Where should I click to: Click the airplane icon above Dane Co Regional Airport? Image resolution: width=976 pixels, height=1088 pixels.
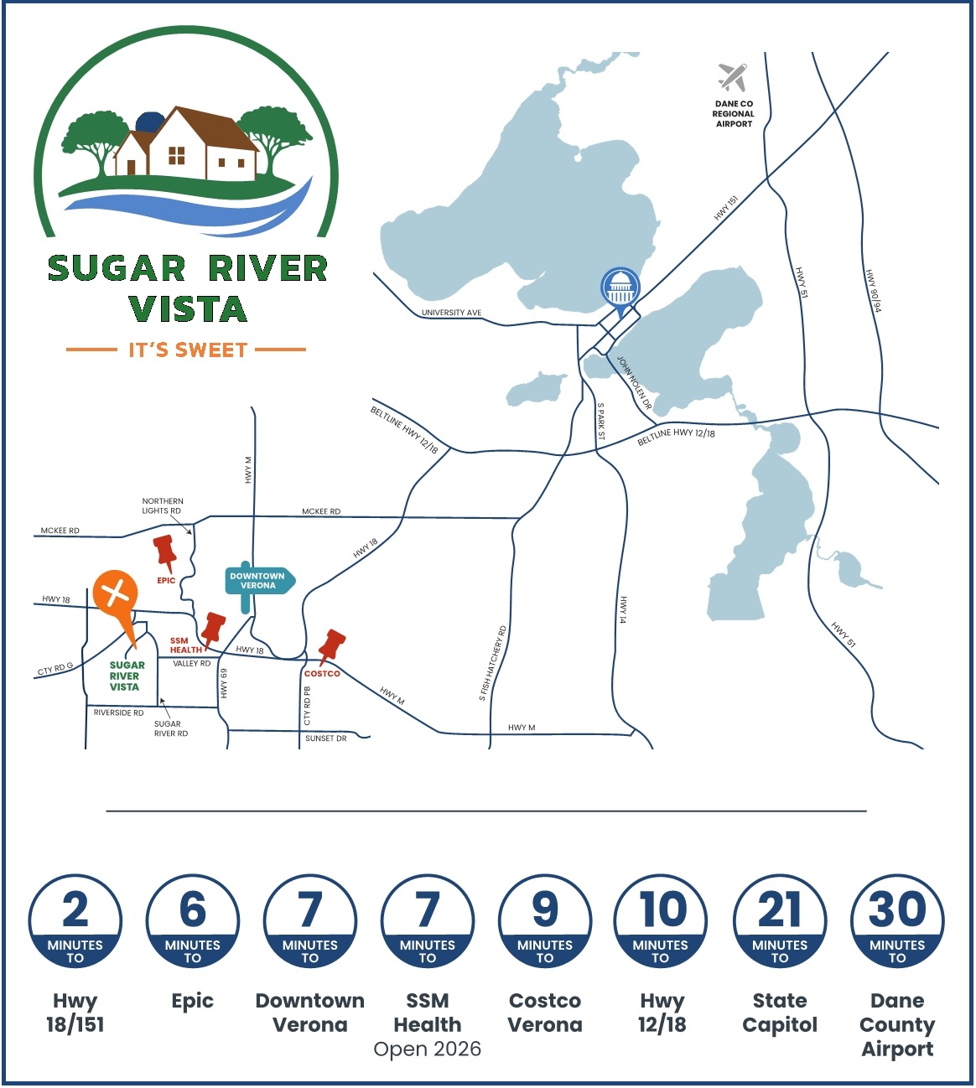tap(733, 77)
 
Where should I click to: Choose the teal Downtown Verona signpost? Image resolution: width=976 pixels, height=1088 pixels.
tap(258, 581)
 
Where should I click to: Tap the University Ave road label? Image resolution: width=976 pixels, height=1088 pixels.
tap(451, 313)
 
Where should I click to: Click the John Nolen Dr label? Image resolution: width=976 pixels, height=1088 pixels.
tap(634, 382)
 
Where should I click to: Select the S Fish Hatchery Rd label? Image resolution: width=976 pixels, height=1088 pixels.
tap(492, 663)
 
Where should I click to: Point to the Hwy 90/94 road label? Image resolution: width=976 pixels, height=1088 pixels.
tap(873, 291)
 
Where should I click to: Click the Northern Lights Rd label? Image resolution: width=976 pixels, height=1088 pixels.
tap(162, 505)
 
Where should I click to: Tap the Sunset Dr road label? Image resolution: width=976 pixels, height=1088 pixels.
tap(325, 738)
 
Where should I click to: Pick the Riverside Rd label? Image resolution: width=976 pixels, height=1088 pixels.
tap(118, 712)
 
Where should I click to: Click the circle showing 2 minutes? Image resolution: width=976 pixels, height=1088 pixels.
tap(75, 921)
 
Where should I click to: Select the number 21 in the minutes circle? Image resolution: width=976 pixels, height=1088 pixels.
tap(780, 909)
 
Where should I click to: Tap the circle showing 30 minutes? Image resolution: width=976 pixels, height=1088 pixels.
tap(897, 921)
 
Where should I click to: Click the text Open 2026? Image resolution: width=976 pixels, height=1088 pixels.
tap(428, 1049)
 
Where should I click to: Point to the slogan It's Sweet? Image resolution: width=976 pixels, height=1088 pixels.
tap(188, 350)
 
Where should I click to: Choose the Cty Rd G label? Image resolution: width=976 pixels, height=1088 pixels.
tap(55, 669)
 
